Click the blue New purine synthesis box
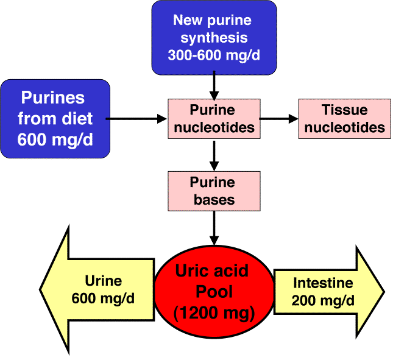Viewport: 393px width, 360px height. pyautogui.click(x=213, y=36)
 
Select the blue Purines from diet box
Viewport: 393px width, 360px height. pyautogui.click(x=55, y=119)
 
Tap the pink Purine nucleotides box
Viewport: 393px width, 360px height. pyautogui.click(x=213, y=119)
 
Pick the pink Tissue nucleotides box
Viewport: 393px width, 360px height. pyautogui.click(x=344, y=119)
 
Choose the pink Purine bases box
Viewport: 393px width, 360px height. pyautogui.click(x=213, y=191)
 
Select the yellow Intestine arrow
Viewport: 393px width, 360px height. pyautogui.click(x=329, y=291)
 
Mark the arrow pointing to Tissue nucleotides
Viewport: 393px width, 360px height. pyautogui.click(x=279, y=119)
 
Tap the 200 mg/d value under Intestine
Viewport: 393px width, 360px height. pyautogui.click(x=323, y=300)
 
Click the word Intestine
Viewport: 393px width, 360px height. pyautogui.click(x=323, y=283)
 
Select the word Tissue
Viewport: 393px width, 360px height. pyautogui.click(x=344, y=110)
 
